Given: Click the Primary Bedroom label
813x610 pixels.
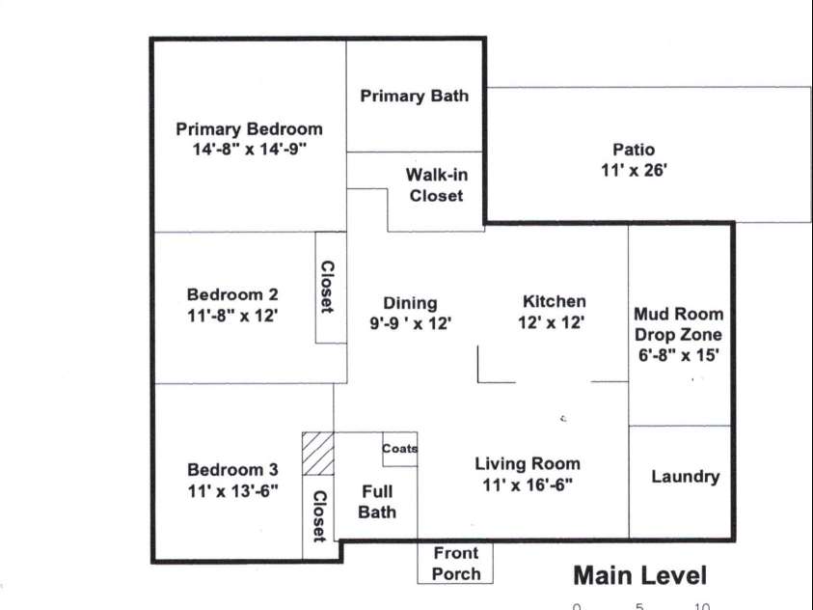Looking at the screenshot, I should coord(249,129).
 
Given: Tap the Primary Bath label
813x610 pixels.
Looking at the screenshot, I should coord(415,96).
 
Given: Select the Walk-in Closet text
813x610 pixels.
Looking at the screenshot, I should coord(436,185).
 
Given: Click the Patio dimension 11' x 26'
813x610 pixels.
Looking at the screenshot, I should coord(634,170).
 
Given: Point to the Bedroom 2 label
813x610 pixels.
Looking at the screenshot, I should coord(232,294).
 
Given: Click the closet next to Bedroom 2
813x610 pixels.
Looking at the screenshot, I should coord(328,288).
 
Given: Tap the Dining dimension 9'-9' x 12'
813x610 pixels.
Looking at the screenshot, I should coord(410,323).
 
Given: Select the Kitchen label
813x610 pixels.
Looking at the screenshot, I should coord(554,301).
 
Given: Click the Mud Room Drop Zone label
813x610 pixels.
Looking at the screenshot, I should coord(678,324).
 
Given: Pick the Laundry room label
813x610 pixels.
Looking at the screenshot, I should coord(685,477).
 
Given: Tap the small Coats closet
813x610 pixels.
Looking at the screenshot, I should coord(400,449).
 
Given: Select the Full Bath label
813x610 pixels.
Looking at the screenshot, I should coord(377,502).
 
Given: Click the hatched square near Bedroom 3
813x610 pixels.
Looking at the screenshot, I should coord(317,454).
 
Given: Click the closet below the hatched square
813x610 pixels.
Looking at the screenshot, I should coord(318,516).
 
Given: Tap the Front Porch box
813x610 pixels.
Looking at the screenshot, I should coord(455,564).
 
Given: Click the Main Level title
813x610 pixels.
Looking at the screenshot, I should coord(639,576).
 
